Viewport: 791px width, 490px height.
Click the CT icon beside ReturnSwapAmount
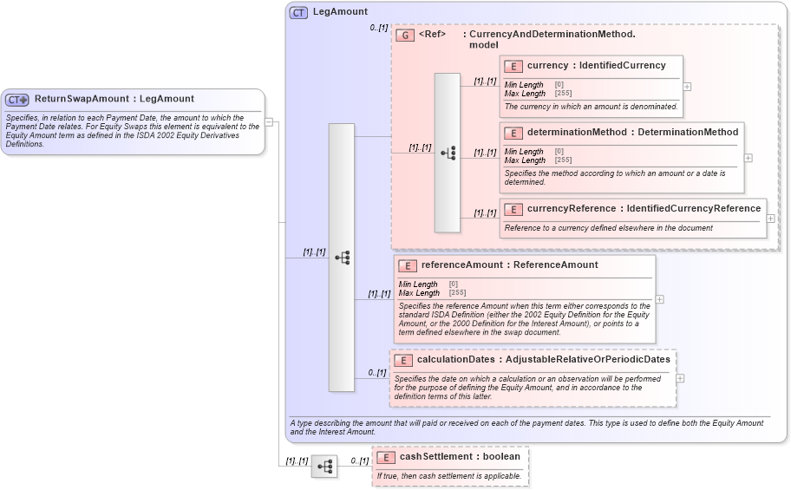[x=17, y=100]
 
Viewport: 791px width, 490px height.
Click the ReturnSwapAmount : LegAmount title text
[x=114, y=99]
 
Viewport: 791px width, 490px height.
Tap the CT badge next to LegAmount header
[x=298, y=12]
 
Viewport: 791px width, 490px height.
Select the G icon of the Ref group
[x=404, y=36]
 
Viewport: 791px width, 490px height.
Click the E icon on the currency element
[x=513, y=66]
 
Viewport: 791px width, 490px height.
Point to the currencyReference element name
[x=572, y=208]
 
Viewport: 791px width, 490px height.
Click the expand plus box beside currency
[x=687, y=87]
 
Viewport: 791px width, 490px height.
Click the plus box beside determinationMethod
[x=748, y=158]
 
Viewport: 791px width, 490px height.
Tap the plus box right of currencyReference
[x=770, y=219]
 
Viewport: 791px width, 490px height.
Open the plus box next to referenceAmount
[x=659, y=299]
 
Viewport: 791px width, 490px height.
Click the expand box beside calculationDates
[x=680, y=378]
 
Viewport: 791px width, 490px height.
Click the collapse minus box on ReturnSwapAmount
[x=269, y=122]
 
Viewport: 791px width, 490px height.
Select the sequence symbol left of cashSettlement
[x=324, y=467]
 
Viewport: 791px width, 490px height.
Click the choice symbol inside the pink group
[x=448, y=153]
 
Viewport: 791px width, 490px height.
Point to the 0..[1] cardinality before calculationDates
[x=376, y=373]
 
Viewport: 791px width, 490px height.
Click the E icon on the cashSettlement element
[x=385, y=457]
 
